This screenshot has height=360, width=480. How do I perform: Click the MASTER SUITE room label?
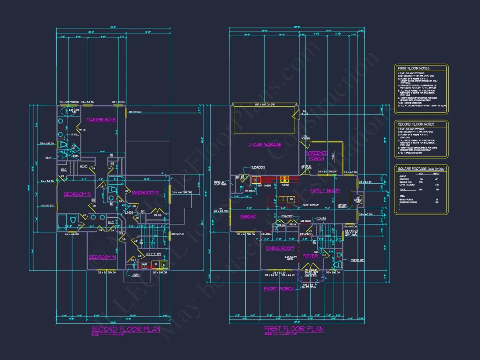pos(101,120)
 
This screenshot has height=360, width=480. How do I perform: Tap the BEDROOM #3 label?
pos(77,194)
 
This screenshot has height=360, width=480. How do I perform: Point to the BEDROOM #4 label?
pos(103,257)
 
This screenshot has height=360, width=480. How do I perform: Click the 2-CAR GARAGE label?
pos(265,144)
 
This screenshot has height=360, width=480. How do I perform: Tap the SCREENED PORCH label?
pos(316,156)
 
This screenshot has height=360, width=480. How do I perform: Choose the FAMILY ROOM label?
pos(325,191)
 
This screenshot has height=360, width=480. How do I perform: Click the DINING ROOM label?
pos(280,248)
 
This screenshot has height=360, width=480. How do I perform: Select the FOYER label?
pos(310,256)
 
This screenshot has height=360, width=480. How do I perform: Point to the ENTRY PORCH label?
pos(279,289)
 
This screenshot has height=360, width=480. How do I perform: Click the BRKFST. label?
pos(248,216)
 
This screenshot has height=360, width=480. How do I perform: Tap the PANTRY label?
pos(287,216)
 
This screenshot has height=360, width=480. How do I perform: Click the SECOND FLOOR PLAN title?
pos(125,329)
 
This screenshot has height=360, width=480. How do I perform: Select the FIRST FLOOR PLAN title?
pos(294,329)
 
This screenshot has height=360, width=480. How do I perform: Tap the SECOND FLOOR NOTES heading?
pos(416,124)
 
